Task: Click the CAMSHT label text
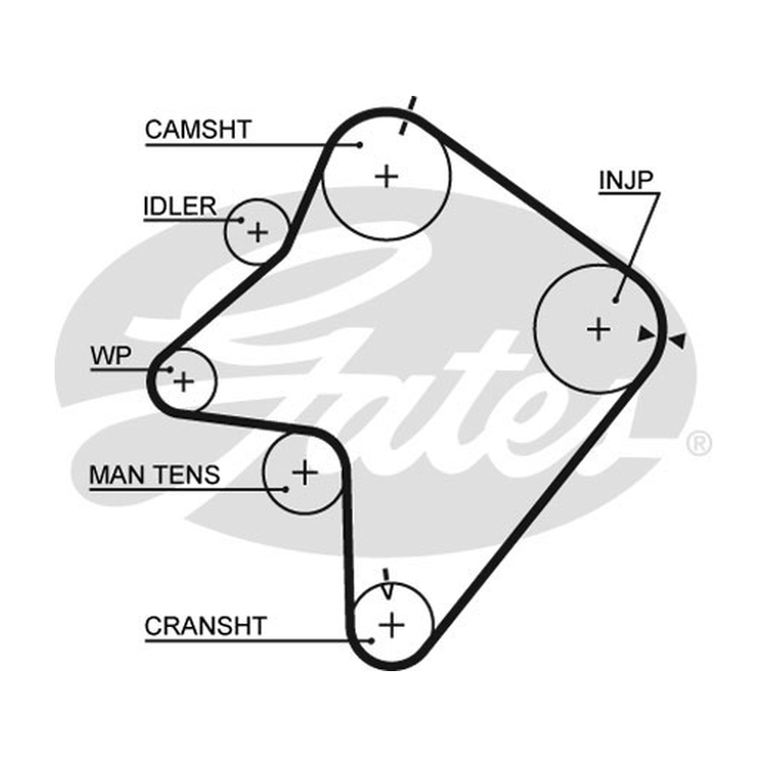[198, 129]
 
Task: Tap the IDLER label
[180, 206]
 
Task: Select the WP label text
[111, 356]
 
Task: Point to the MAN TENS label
[154, 475]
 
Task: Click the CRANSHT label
[205, 626]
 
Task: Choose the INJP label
[626, 180]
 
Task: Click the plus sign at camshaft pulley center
[386, 176]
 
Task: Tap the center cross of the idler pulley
[258, 232]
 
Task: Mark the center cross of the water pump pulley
[184, 381]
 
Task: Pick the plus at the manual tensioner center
[304, 473]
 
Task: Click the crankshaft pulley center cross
[392, 625]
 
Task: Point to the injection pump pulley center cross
[598, 329]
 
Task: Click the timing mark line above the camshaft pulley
[407, 115]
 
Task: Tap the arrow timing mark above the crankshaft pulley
[387, 584]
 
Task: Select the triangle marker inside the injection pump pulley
[645, 334]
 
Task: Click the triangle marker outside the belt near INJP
[678, 340]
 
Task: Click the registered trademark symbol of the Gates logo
[699, 444]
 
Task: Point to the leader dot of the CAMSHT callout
[360, 145]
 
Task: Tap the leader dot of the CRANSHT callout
[372, 640]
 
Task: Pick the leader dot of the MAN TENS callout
[286, 489]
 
